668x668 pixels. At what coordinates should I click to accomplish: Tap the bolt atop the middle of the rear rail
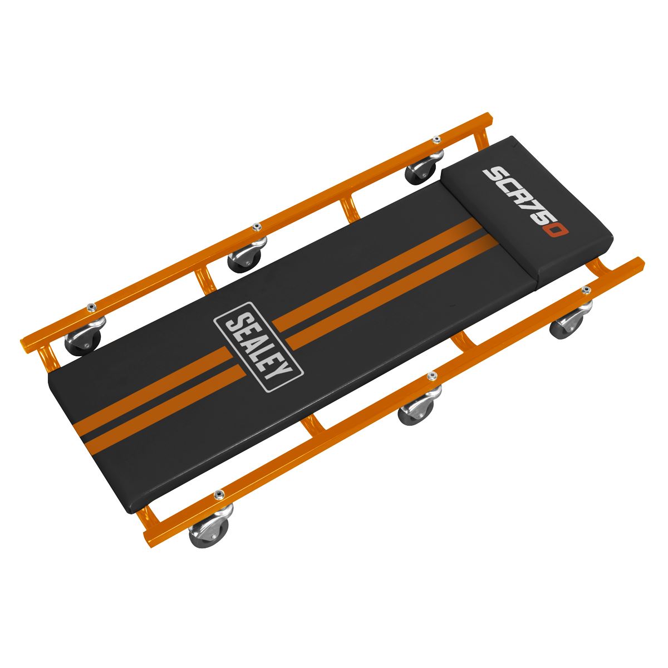(256, 227)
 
